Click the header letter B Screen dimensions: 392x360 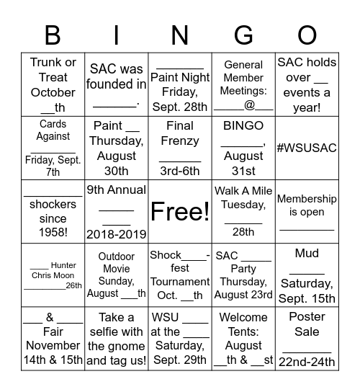[53, 35]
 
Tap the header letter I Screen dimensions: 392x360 [117, 35]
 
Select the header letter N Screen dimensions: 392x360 [180, 35]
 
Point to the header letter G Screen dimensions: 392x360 [243, 35]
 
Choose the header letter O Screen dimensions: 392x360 [307, 35]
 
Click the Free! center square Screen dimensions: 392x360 [180, 211]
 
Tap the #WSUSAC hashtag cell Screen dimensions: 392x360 [307, 148]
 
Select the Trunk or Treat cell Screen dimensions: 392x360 [53, 84]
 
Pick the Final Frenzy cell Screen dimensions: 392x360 [180, 148]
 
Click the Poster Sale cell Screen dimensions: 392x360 [307, 339]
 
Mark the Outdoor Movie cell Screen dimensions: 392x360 [117, 275]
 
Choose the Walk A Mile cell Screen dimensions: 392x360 [243, 211]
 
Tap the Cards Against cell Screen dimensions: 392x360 [53, 148]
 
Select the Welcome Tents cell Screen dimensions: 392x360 [243, 339]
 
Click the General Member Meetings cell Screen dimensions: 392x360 [243, 84]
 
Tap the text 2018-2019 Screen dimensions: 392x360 [117, 233]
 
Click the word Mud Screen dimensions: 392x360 [307, 253]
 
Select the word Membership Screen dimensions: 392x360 [307, 199]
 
